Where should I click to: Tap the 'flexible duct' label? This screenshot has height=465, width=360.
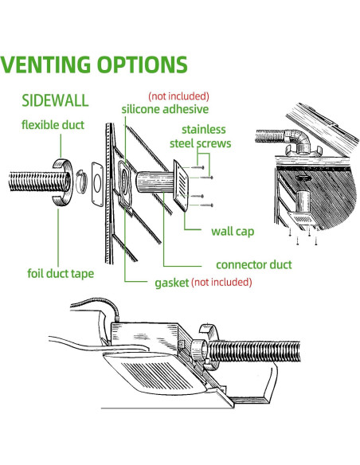[53, 125]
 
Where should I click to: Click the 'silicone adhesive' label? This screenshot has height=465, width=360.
[165, 109]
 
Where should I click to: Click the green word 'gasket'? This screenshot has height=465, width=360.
[170, 282]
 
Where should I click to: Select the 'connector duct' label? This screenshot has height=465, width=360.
[254, 264]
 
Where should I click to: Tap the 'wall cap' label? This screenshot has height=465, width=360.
[233, 232]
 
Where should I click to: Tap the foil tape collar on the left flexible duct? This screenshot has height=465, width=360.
[60, 184]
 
